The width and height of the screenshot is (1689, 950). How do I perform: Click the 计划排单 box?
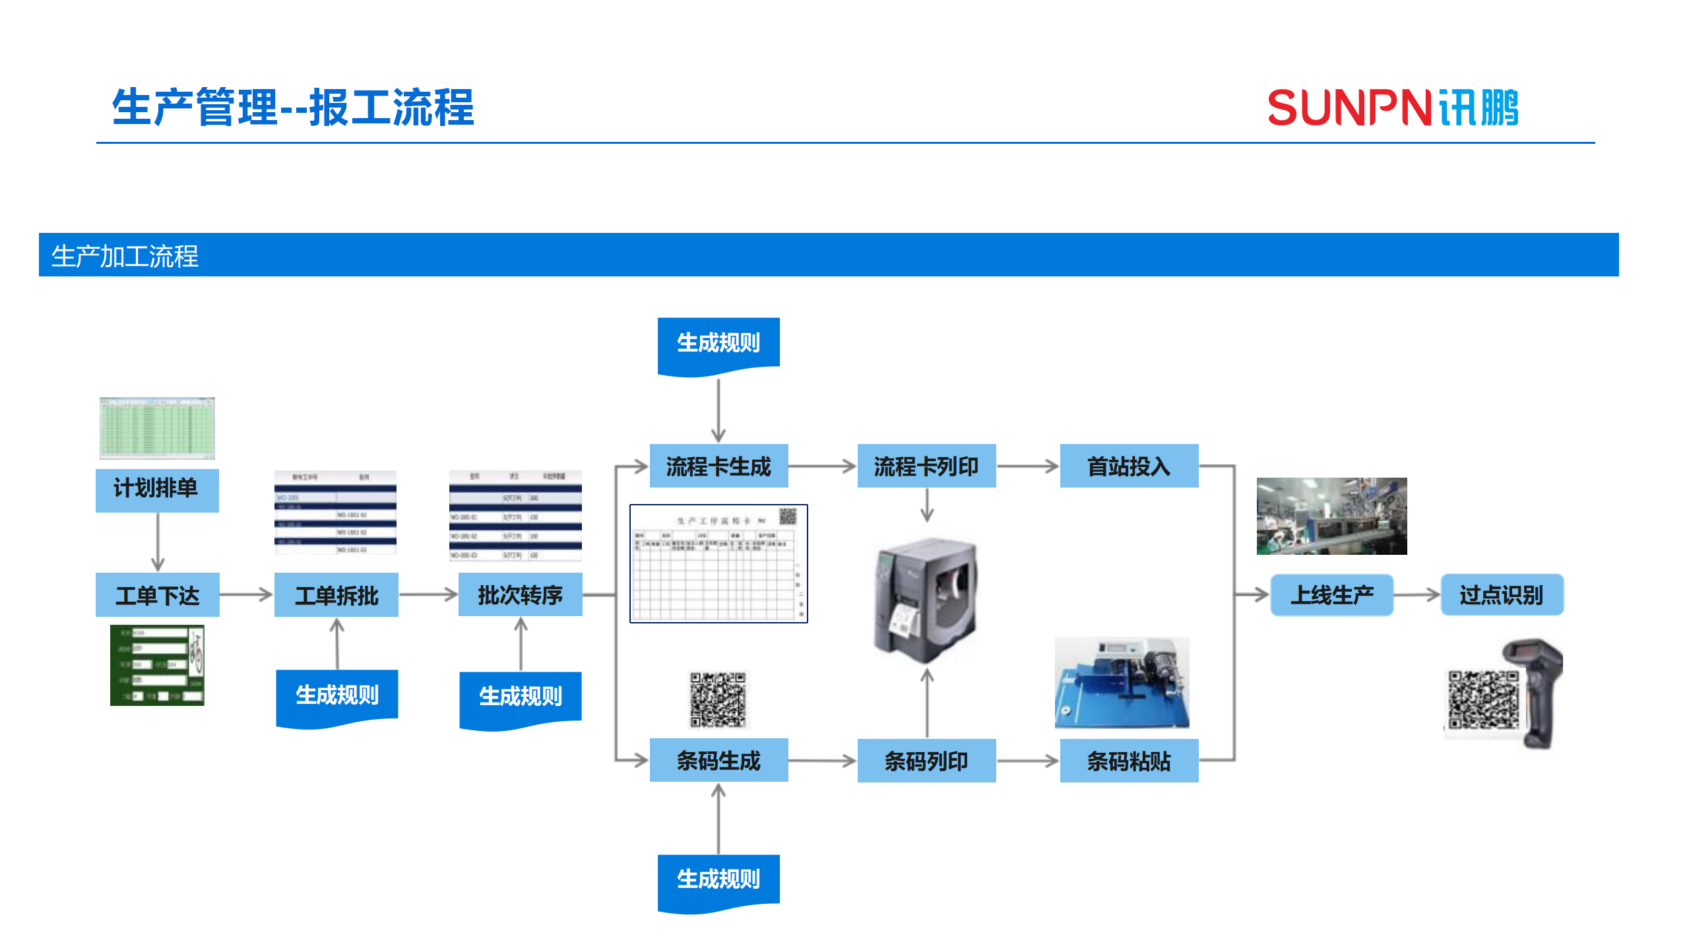click(157, 490)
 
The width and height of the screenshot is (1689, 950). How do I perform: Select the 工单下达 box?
click(157, 595)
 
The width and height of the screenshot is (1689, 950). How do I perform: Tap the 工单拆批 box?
click(336, 595)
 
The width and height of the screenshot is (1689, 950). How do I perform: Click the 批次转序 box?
click(520, 595)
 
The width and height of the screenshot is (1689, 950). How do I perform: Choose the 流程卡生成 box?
click(718, 466)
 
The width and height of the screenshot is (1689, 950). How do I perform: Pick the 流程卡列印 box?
click(926, 466)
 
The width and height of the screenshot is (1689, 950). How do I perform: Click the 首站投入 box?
click(1129, 466)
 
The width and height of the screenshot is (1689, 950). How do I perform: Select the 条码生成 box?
click(718, 761)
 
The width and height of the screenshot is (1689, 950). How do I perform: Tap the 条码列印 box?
click(926, 761)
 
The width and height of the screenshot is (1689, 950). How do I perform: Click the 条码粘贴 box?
click(1129, 761)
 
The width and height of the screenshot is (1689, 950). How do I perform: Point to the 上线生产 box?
click(1331, 595)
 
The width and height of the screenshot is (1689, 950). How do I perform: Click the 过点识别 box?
click(1502, 595)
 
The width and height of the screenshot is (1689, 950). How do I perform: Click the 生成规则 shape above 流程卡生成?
click(718, 344)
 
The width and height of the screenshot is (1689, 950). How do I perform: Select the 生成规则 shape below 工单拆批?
click(336, 696)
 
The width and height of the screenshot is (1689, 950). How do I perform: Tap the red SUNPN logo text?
click(1349, 108)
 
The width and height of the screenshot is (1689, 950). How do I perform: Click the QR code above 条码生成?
click(718, 699)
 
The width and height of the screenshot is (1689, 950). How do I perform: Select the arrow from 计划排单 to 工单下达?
click(158, 541)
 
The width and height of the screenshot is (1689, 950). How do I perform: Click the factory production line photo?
click(1331, 516)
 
